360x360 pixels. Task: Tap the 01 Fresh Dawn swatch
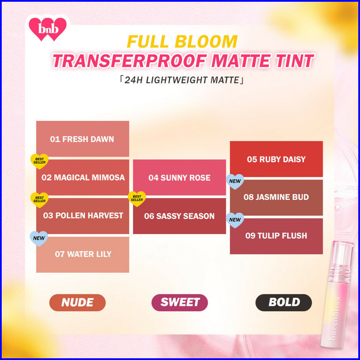pyautogui.click(x=83, y=139)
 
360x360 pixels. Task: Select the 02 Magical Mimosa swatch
pyautogui.click(x=83, y=178)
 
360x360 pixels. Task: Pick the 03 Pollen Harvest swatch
pyautogui.click(x=83, y=216)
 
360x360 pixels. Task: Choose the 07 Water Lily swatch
pyautogui.click(x=83, y=254)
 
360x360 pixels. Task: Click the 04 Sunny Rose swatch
pyautogui.click(x=179, y=178)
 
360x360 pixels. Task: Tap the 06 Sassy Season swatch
pyautogui.click(x=179, y=216)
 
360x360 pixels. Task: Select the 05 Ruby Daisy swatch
pyautogui.click(x=276, y=159)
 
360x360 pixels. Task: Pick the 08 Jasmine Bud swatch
pyautogui.click(x=276, y=197)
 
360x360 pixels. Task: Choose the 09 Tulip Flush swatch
pyautogui.click(x=276, y=236)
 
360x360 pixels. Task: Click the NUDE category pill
pyautogui.click(x=77, y=302)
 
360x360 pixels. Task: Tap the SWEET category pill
pyautogui.click(x=180, y=302)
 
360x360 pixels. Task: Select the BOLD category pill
pyautogui.click(x=284, y=302)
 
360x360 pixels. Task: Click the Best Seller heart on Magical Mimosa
pyautogui.click(x=39, y=161)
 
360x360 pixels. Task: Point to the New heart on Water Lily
pyautogui.click(x=39, y=238)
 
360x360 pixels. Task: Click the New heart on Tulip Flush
pyautogui.click(x=235, y=220)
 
